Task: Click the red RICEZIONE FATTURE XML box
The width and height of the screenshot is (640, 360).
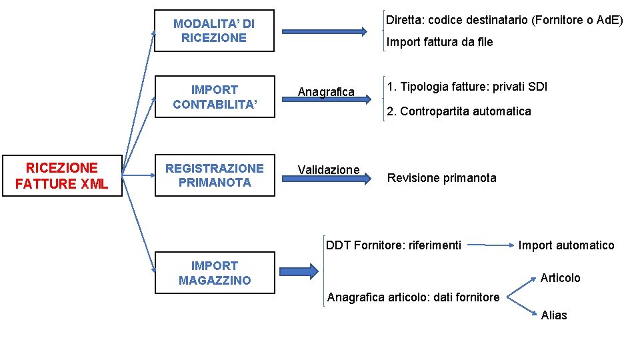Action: pyautogui.click(x=61, y=176)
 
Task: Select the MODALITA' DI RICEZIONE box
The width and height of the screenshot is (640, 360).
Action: pyautogui.click(x=214, y=31)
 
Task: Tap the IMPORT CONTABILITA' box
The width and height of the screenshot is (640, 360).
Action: pyautogui.click(x=214, y=97)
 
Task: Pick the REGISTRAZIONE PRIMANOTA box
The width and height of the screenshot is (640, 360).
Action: pyautogui.click(x=214, y=175)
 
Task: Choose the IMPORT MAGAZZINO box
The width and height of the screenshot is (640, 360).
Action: pyautogui.click(x=214, y=273)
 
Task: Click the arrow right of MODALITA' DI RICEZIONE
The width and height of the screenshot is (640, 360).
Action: pyautogui.click(x=324, y=31)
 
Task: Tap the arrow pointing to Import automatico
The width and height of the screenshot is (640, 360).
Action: pyautogui.click(x=489, y=245)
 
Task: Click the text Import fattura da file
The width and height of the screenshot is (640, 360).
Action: pyautogui.click(x=440, y=42)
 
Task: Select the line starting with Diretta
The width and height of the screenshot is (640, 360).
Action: pyautogui.click(x=505, y=20)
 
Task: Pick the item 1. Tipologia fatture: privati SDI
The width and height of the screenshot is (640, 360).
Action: pyautogui.click(x=467, y=87)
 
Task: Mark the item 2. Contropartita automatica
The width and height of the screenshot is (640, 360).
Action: pyautogui.click(x=459, y=111)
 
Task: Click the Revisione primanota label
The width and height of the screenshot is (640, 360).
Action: pyautogui.click(x=441, y=178)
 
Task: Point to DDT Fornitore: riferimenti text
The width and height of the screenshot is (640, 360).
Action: pyautogui.click(x=393, y=245)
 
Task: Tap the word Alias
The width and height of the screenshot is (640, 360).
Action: pyautogui.click(x=554, y=315)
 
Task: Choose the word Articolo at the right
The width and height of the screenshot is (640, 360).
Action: pyautogui.click(x=560, y=278)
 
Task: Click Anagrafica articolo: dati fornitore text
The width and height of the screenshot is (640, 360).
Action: pyautogui.click(x=413, y=297)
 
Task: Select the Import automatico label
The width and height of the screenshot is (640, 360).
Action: pyautogui.click(x=567, y=245)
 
